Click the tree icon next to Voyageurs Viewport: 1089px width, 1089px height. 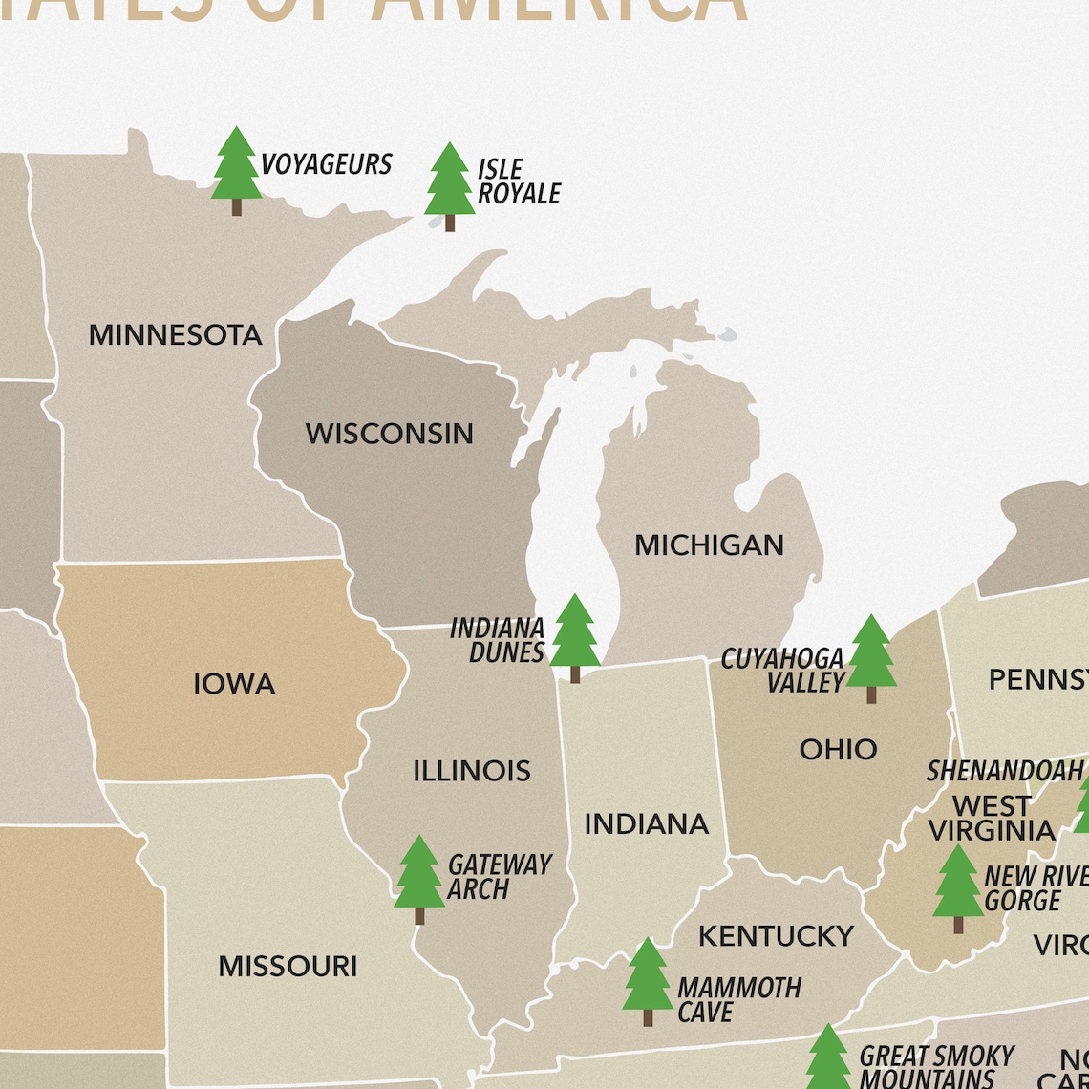tap(236, 170)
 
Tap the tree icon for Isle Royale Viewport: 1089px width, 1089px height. tap(449, 185)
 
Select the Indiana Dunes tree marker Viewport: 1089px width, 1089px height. tap(574, 636)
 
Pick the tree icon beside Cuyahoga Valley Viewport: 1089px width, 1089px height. tap(870, 657)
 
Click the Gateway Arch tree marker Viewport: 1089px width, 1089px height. tap(419, 878)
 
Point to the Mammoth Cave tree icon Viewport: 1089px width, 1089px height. tap(648, 980)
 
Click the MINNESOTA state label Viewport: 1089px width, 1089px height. tap(175, 335)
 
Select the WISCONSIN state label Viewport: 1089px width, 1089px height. tap(389, 434)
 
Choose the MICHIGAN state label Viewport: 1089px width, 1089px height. tap(709, 545)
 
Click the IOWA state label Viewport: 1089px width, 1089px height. tap(234, 684)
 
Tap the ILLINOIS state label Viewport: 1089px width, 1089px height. tap(472, 771)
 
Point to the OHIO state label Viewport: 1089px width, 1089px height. tap(838, 749)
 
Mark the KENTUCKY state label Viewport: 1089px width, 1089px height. tap(776, 936)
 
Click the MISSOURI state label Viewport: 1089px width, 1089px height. tap(288, 966)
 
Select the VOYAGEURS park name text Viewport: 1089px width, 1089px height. tap(327, 164)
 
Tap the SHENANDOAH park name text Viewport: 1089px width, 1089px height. tap(1005, 770)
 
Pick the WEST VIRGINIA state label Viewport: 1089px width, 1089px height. tap(992, 818)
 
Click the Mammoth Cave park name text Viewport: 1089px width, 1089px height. tap(738, 999)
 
